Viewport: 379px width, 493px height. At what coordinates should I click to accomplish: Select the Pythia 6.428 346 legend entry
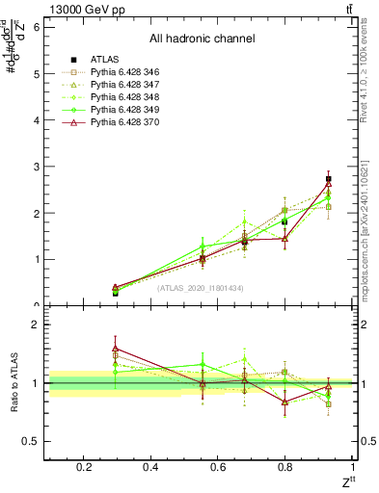tap(115, 72)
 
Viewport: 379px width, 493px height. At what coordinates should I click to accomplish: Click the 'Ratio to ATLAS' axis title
tap(14, 381)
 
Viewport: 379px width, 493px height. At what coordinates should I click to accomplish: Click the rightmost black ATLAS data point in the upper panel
tap(329, 179)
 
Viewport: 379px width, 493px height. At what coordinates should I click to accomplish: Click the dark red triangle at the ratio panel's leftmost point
tap(116, 349)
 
